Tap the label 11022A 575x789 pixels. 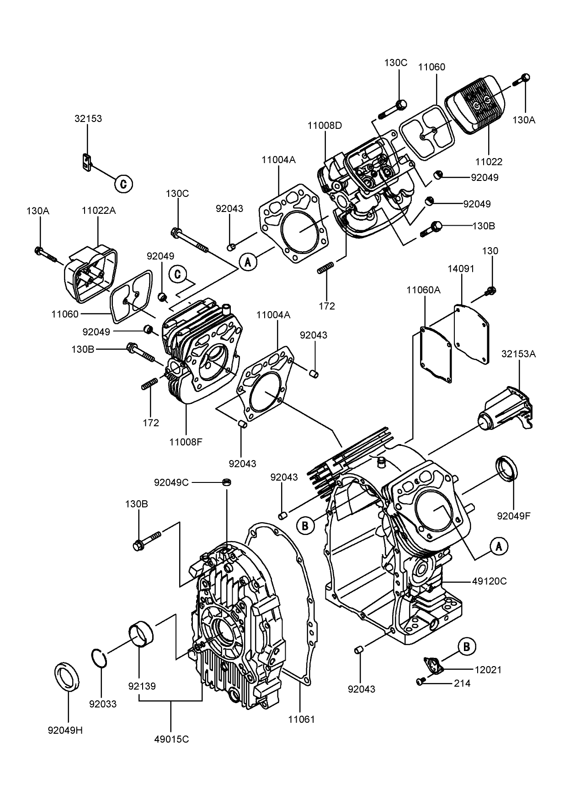[99, 211]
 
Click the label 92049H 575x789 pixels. [65, 730]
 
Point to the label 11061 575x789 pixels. [301, 720]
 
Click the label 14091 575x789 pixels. [461, 269]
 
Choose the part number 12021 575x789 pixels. [488, 670]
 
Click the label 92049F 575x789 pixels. [514, 516]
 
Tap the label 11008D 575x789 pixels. [325, 125]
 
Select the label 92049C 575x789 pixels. [171, 482]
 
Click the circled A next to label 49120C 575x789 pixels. [499, 545]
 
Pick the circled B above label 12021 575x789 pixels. [467, 646]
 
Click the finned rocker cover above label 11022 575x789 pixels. [475, 105]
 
